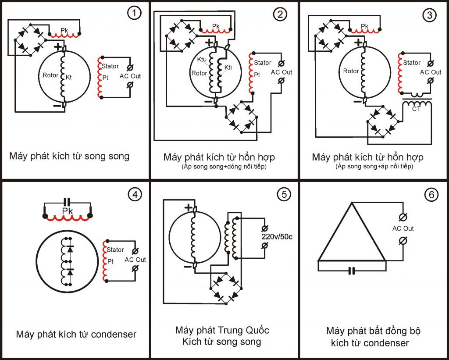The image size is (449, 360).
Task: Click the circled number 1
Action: (x=134, y=13)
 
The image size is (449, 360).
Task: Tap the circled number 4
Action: (x=134, y=195)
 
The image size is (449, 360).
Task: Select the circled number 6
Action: (x=431, y=195)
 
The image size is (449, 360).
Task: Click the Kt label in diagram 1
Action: (x=69, y=77)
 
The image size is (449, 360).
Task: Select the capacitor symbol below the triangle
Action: (x=351, y=271)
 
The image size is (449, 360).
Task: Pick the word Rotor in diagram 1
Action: (x=50, y=75)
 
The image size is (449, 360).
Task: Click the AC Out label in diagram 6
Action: (x=403, y=228)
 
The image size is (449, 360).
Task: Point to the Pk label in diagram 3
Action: (x=364, y=26)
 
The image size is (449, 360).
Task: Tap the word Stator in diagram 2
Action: (x=263, y=63)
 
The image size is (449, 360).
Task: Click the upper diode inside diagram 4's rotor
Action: (x=70, y=248)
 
